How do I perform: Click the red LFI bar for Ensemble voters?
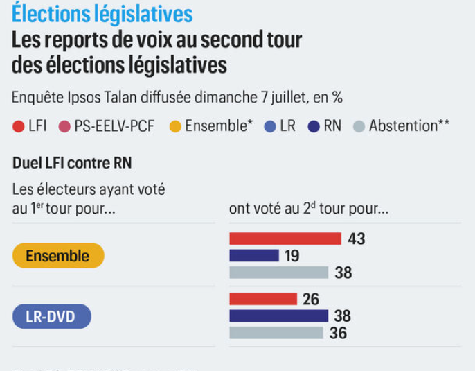(285, 239)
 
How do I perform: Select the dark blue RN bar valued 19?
(254, 256)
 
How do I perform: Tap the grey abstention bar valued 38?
(278, 273)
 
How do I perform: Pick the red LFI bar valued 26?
(263, 299)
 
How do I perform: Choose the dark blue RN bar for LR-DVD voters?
(278, 316)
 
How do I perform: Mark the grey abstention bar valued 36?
(276, 333)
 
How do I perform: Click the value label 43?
(356, 239)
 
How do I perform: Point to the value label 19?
(292, 256)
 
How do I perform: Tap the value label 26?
(311, 299)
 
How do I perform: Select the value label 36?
(338, 333)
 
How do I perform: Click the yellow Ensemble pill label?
(58, 256)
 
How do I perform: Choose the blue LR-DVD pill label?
(53, 317)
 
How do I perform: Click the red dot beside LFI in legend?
(19, 127)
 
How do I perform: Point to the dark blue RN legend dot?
(314, 127)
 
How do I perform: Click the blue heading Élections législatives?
(102, 14)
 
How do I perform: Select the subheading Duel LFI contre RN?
(72, 164)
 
